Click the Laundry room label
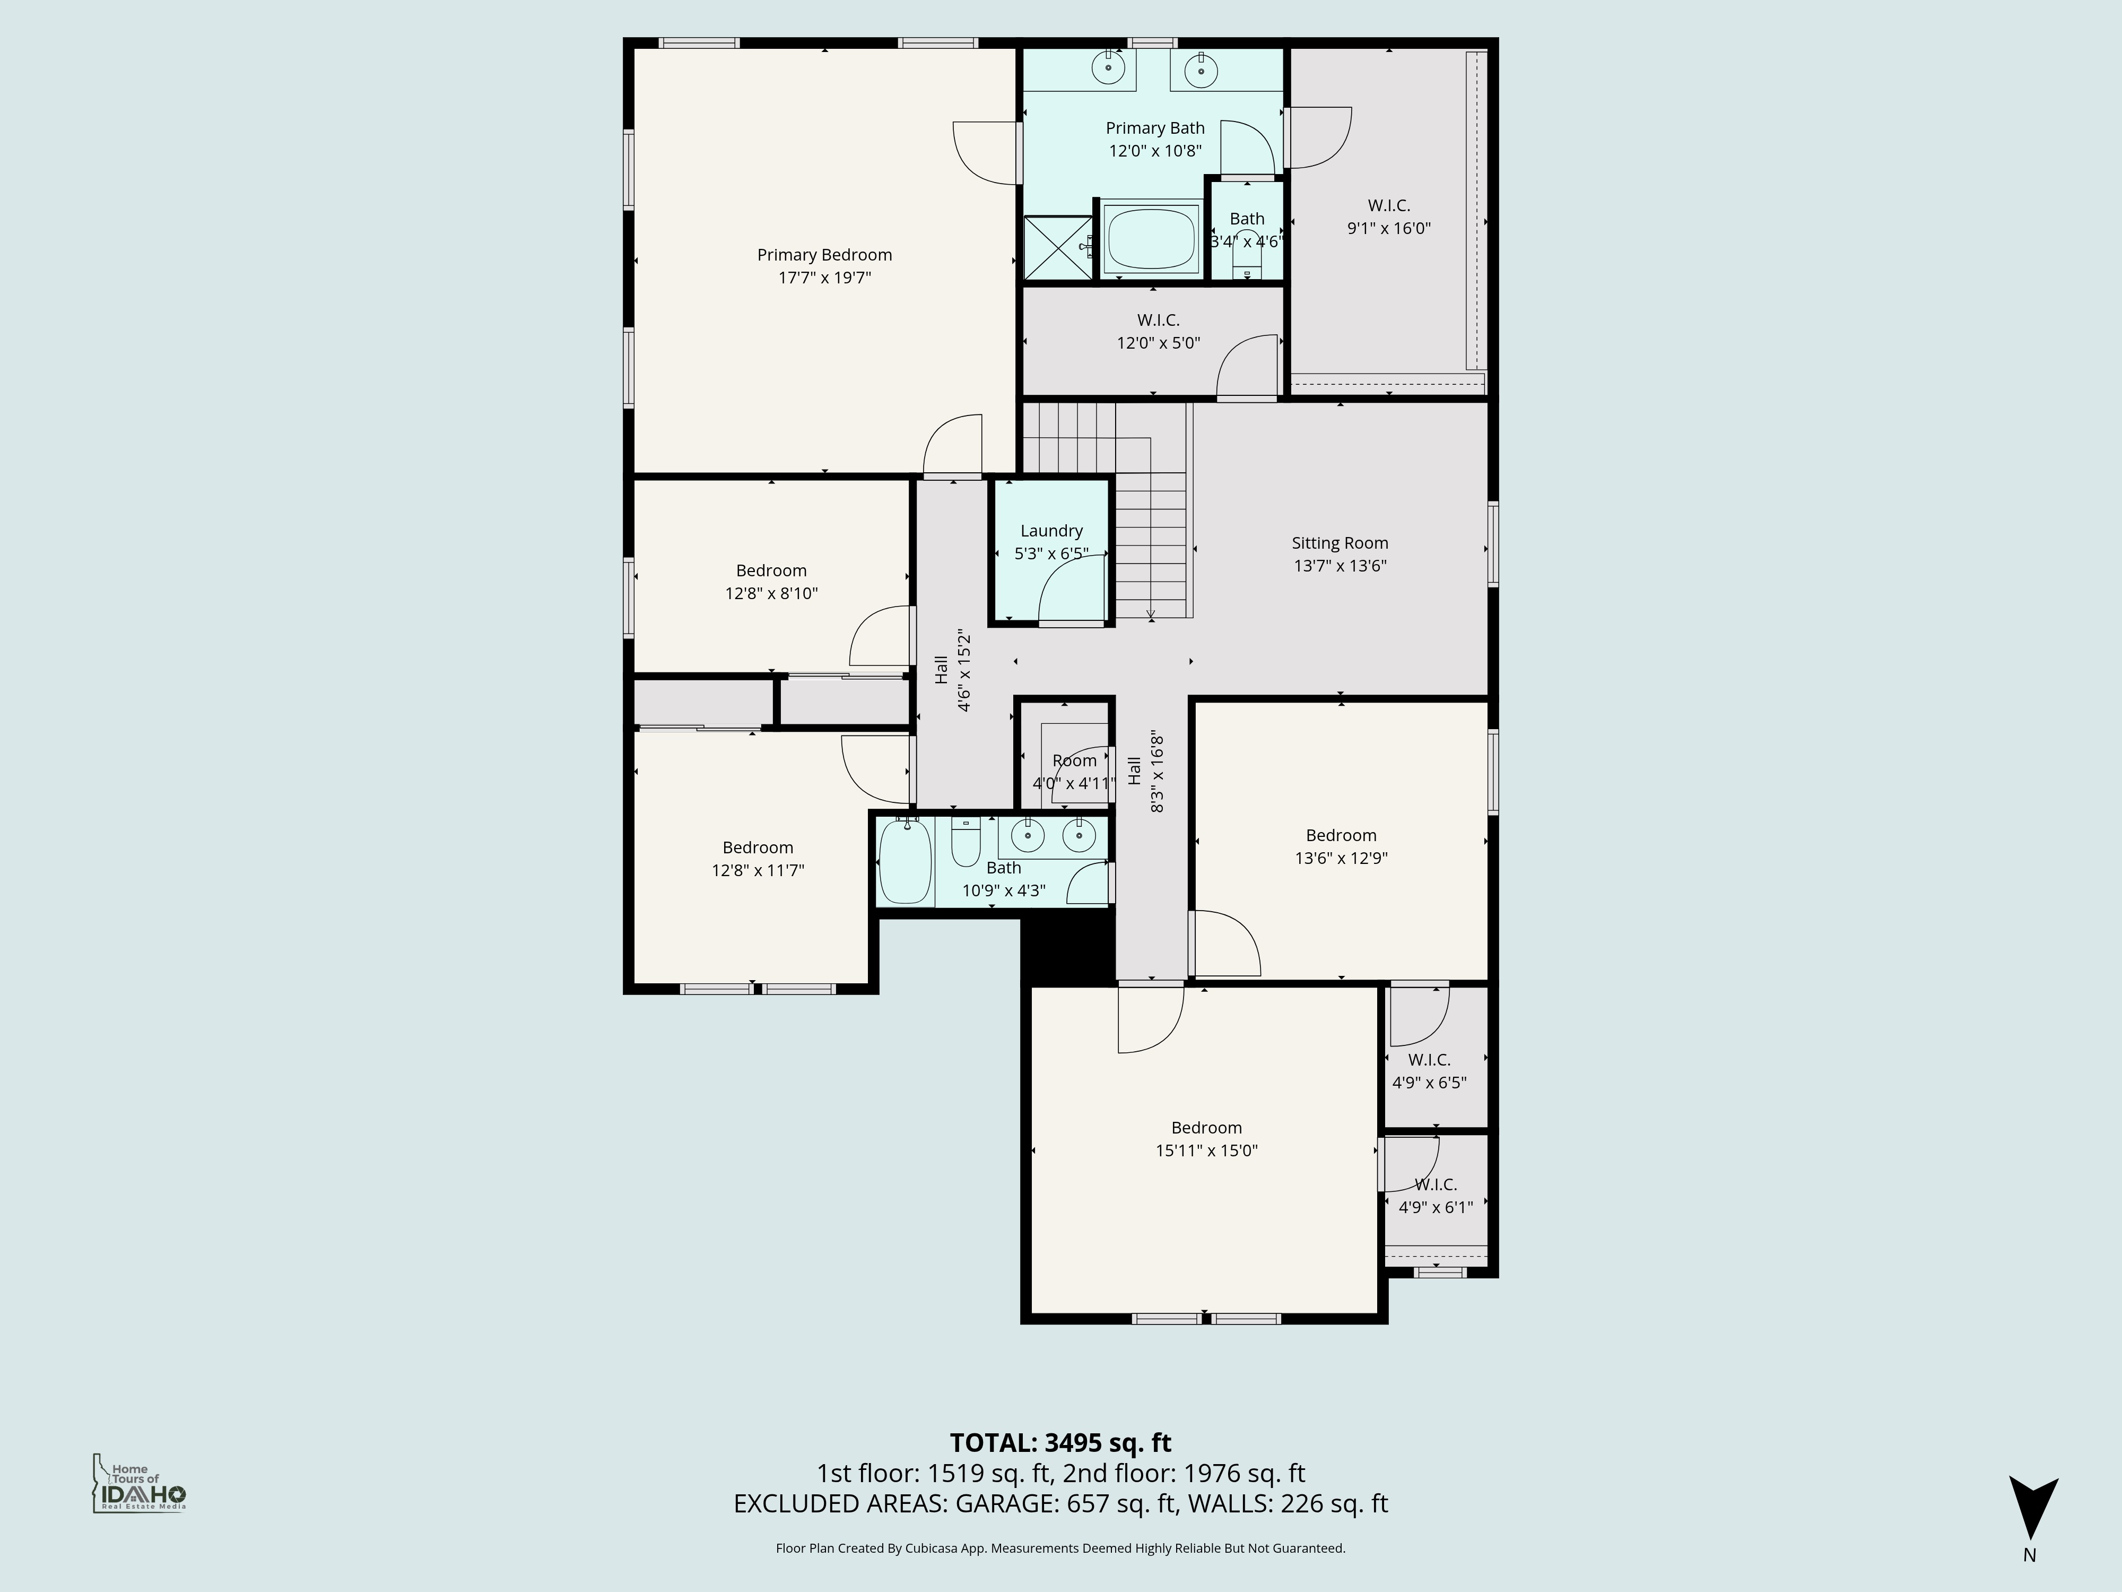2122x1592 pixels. (x=1051, y=531)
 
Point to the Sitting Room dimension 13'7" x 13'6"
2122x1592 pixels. (x=1339, y=566)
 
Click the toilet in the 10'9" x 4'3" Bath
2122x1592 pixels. (x=964, y=844)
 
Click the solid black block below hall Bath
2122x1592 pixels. (x=1067, y=950)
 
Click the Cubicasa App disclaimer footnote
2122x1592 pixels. (x=1060, y=1548)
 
